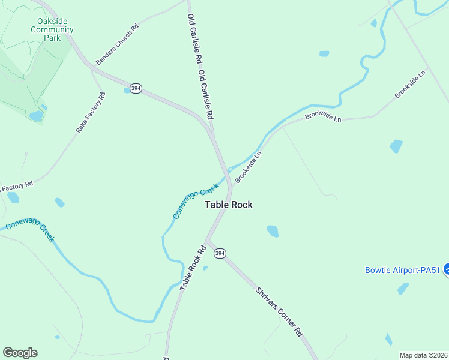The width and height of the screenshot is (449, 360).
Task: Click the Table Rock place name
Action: coord(229,205)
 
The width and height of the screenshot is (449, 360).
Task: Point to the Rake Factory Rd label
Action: coord(91,113)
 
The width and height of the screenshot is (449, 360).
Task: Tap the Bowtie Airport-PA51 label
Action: coord(402,270)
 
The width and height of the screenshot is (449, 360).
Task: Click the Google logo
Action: coord(20,353)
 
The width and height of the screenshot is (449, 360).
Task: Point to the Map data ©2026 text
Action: coord(424,355)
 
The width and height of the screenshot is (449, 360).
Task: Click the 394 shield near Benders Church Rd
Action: coord(137,88)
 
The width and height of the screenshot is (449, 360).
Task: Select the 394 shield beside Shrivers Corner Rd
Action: coord(220,253)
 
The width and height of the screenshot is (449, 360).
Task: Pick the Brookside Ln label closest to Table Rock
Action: coord(249,167)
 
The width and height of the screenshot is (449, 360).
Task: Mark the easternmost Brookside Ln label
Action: coord(409,84)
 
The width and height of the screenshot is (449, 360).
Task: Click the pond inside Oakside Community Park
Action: coord(37,116)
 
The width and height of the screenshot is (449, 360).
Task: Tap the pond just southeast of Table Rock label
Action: coord(273,230)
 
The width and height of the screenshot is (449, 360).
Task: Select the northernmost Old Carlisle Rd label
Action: coord(193,40)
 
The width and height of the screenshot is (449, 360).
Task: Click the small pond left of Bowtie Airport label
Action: coord(403,289)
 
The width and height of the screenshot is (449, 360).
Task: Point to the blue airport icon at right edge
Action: coord(447,271)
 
